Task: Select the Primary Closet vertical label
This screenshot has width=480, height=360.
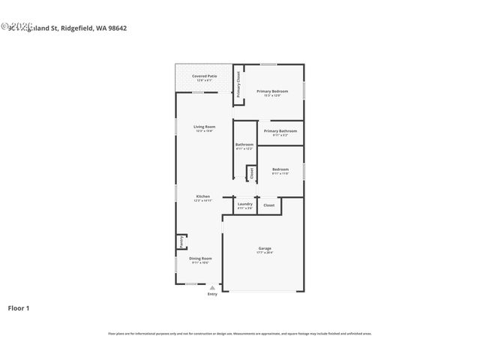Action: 238,84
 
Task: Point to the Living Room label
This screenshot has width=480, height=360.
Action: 205,127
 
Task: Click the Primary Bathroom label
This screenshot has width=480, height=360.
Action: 280,131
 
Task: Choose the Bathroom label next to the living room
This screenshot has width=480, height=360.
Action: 244,145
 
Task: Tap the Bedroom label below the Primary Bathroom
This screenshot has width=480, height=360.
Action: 280,169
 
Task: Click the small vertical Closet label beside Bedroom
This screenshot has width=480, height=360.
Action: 251,172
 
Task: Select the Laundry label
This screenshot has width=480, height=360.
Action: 244,204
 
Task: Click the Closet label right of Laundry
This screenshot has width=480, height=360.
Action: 268,205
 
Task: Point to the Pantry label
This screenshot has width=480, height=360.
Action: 181,241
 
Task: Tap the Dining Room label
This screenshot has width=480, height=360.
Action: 200,259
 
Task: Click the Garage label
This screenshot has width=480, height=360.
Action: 265,248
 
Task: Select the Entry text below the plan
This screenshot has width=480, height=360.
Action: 212,294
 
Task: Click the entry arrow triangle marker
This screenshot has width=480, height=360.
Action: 212,287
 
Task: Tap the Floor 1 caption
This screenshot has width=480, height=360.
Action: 19,307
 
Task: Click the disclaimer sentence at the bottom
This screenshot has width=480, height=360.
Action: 239,334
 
